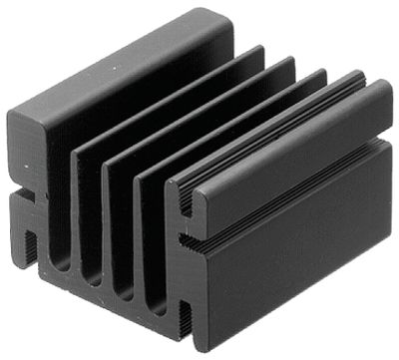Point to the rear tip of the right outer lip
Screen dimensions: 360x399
point(383,90)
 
